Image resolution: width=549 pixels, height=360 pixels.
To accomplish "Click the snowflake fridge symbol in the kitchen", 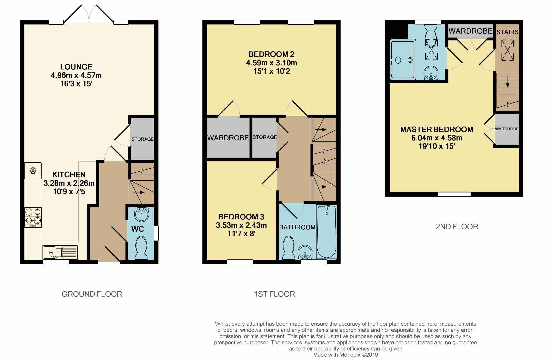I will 33,171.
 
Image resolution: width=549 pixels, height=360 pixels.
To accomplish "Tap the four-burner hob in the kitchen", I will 33,217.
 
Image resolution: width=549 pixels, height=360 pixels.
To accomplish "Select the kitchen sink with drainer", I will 60,252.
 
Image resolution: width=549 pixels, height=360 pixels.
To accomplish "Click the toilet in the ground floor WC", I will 141,248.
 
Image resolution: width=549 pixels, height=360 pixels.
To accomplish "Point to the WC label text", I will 137,229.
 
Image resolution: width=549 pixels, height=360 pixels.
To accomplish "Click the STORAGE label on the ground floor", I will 142,139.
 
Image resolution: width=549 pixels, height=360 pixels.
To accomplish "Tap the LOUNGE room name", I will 76,67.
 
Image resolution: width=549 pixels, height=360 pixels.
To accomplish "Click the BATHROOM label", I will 297,227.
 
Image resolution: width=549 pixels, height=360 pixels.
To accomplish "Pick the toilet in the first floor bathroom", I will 288,248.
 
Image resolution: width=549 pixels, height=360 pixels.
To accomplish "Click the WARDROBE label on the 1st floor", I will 228,138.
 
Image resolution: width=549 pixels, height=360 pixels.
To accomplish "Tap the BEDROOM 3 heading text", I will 241,217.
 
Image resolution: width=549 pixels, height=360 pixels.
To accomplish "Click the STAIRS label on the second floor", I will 507,32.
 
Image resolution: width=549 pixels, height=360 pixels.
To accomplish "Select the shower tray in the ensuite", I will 403,60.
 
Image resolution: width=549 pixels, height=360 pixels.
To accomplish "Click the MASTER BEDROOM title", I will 437,129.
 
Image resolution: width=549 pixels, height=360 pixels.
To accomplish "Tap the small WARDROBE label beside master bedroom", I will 506,129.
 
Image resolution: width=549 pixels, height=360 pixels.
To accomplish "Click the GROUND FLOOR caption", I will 92,294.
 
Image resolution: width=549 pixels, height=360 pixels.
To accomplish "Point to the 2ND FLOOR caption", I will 457,227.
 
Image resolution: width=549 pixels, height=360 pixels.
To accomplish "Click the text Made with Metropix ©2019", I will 346,355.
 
